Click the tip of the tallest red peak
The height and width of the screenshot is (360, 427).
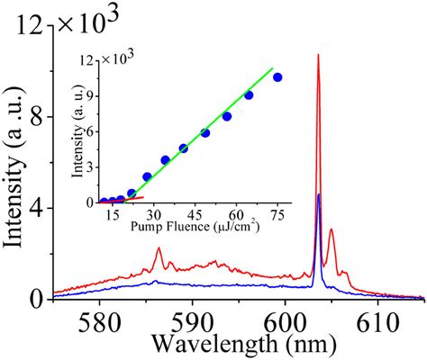[318, 56]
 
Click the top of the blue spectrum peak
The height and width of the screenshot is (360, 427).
[319, 194]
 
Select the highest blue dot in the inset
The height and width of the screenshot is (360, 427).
[277, 77]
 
